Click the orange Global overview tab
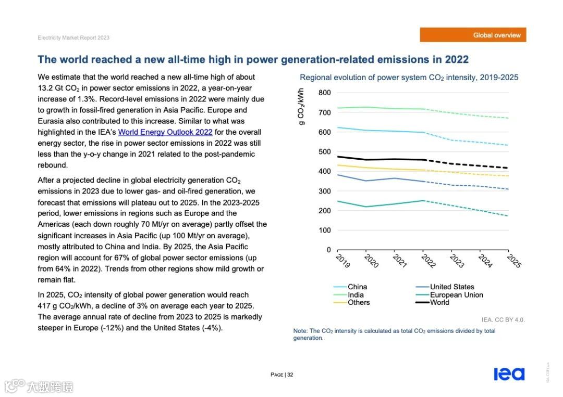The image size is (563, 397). point(473,35)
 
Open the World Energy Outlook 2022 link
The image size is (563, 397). point(165,132)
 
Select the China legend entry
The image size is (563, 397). point(357,287)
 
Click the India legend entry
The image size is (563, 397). point(356,295)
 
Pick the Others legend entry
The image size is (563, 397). point(359,303)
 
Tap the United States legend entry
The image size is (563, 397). point(451,287)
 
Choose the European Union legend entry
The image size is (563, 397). point(456,295)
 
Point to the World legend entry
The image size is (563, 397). point(439,303)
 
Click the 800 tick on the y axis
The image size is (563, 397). point(324,93)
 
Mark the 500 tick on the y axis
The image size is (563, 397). point(324,152)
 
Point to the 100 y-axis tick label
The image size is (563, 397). point(324,230)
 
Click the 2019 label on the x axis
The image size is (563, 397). point(342,261)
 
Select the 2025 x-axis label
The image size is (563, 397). point(513,261)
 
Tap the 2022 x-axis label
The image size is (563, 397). point(427,261)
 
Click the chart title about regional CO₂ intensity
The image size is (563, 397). point(409,78)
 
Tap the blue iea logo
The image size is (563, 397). point(509,374)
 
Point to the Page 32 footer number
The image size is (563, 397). point(282,375)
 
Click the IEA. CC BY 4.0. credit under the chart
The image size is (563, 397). point(503,319)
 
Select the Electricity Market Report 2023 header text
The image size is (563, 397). point(74,38)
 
